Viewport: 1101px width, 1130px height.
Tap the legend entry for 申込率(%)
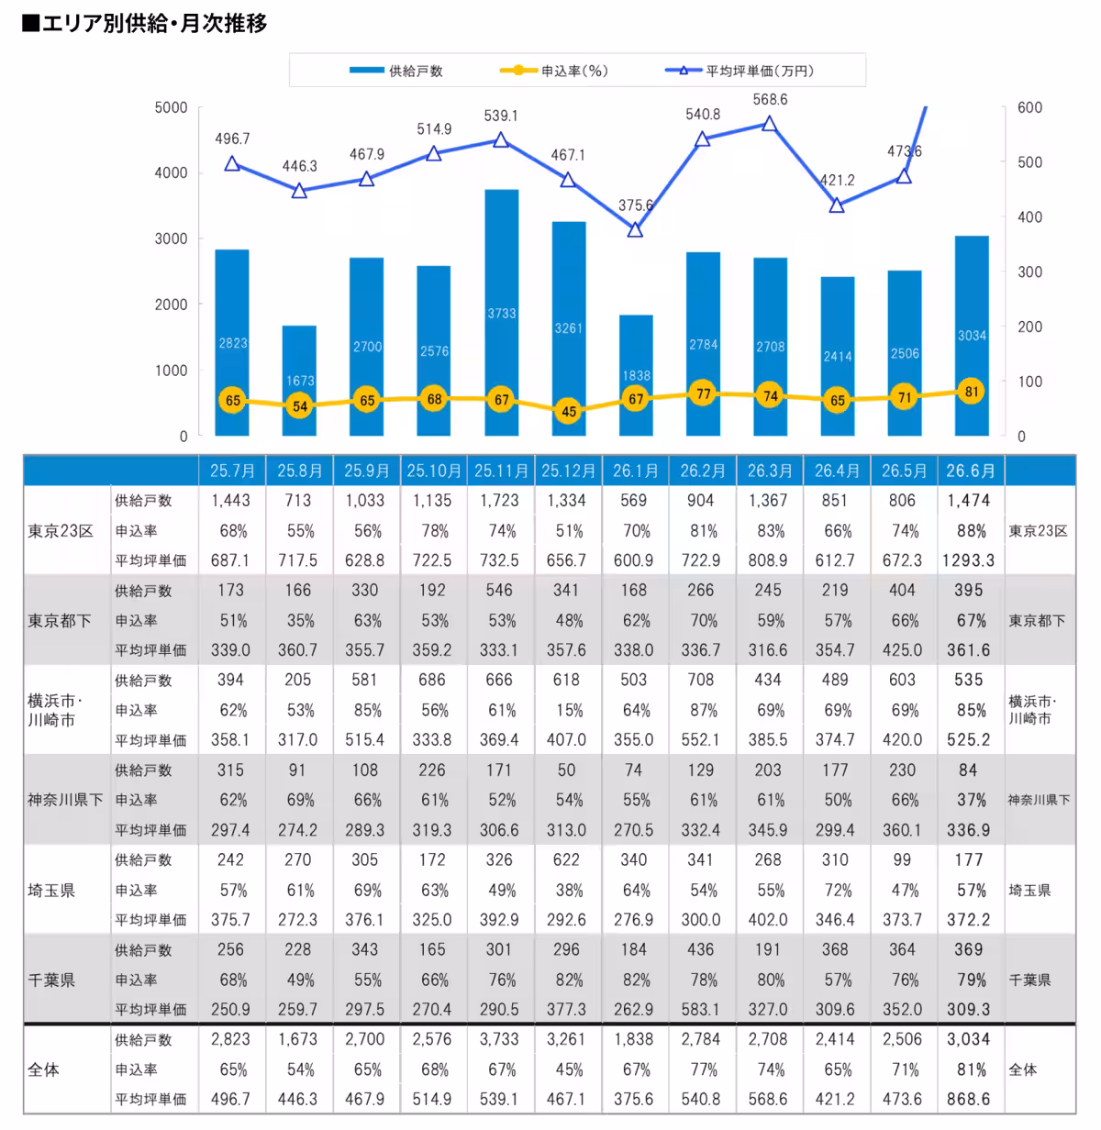point(553,71)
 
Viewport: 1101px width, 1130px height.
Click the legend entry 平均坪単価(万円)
point(739,71)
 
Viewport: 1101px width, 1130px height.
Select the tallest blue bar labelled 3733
point(501,313)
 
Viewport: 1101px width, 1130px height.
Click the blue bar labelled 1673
point(299,381)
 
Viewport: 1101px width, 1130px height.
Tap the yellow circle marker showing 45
point(569,411)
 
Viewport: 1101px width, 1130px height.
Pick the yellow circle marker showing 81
point(972,392)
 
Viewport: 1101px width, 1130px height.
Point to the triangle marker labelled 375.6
point(635,230)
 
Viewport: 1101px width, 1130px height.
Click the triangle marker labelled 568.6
point(769,124)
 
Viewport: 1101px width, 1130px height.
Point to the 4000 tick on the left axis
point(171,173)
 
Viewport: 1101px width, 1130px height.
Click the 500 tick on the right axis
point(1029,162)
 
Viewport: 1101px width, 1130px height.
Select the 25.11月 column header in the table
point(501,471)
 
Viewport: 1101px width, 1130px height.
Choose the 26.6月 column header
point(971,471)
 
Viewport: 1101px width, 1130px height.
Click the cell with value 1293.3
point(969,560)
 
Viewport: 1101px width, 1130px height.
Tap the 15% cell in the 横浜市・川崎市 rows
point(569,710)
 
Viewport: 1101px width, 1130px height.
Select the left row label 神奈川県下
point(65,800)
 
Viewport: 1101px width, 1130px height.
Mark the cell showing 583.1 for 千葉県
point(701,1009)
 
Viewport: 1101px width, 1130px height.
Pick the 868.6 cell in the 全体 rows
point(969,1099)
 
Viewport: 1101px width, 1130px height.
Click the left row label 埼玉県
point(51,891)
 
